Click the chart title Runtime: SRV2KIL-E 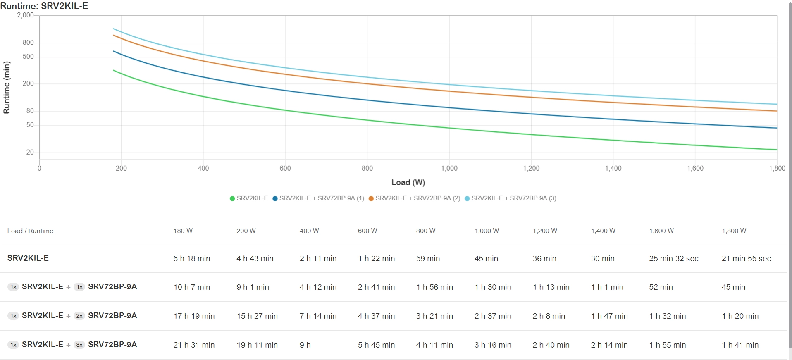click(x=44, y=6)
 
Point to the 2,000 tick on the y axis click(x=25, y=15)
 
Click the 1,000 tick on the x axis click(x=449, y=168)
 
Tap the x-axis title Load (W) click(x=408, y=182)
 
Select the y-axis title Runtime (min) click(x=6, y=87)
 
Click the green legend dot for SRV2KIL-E click(x=232, y=198)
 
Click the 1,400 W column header click(x=603, y=231)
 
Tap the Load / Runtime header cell click(x=30, y=231)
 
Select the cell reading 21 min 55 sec click(x=746, y=259)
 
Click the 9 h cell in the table click(x=305, y=345)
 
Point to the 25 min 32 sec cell click(x=674, y=259)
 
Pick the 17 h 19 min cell click(x=194, y=316)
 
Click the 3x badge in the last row click(x=79, y=345)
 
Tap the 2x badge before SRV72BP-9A click(x=79, y=316)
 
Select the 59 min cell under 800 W click(x=428, y=259)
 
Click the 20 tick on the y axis click(x=30, y=152)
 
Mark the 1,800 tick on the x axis click(x=777, y=168)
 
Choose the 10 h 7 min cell click(x=192, y=287)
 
